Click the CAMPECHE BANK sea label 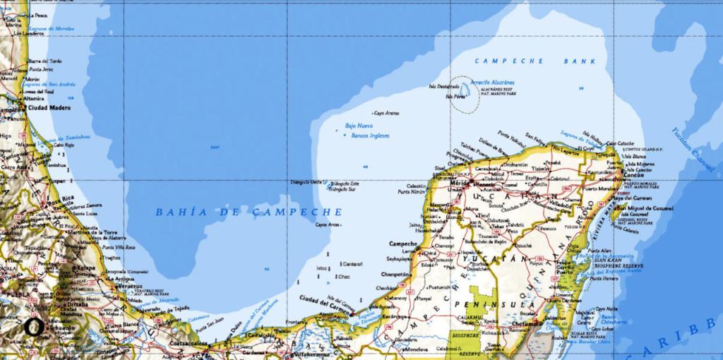coord(535,61)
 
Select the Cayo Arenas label coord(386,112)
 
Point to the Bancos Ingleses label coord(370,135)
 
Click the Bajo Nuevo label coord(359,126)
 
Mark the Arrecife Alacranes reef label coord(492,83)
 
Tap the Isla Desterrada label coord(443,87)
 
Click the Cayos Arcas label coord(328,224)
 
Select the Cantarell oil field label coord(352,264)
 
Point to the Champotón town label coord(395,274)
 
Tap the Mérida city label coord(458,183)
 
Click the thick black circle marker coord(32,328)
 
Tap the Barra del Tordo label coord(44,61)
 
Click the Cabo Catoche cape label coord(620,143)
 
